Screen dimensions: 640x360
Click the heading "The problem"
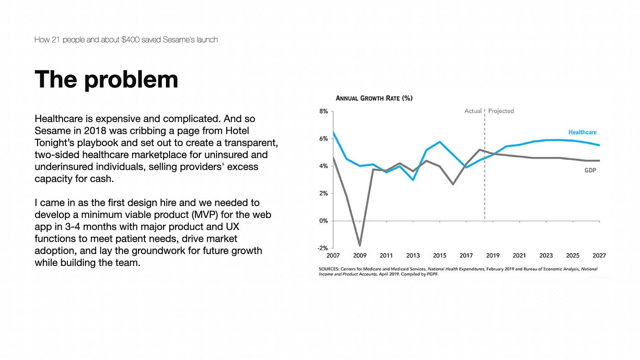coord(106,79)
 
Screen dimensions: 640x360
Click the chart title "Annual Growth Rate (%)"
coord(374,98)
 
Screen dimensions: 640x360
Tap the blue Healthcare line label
coord(582,132)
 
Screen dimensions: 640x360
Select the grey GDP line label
coord(590,170)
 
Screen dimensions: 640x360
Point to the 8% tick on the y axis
coord(324,111)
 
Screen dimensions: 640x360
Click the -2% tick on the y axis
coord(323,248)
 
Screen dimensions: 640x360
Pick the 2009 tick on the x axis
coord(360,255)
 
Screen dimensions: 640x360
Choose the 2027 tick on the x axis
coord(599,255)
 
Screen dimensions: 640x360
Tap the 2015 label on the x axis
coord(439,255)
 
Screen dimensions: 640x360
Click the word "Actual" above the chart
coord(473,111)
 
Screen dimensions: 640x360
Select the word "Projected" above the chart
coord(501,111)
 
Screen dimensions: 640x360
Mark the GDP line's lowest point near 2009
coord(360,245)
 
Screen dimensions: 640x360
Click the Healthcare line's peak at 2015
coord(440,142)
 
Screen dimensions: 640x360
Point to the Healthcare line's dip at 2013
coord(413,180)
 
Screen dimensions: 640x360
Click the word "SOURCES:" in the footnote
coord(329,269)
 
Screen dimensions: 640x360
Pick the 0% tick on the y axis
coord(324,221)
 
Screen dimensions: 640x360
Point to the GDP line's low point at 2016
coord(453,184)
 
